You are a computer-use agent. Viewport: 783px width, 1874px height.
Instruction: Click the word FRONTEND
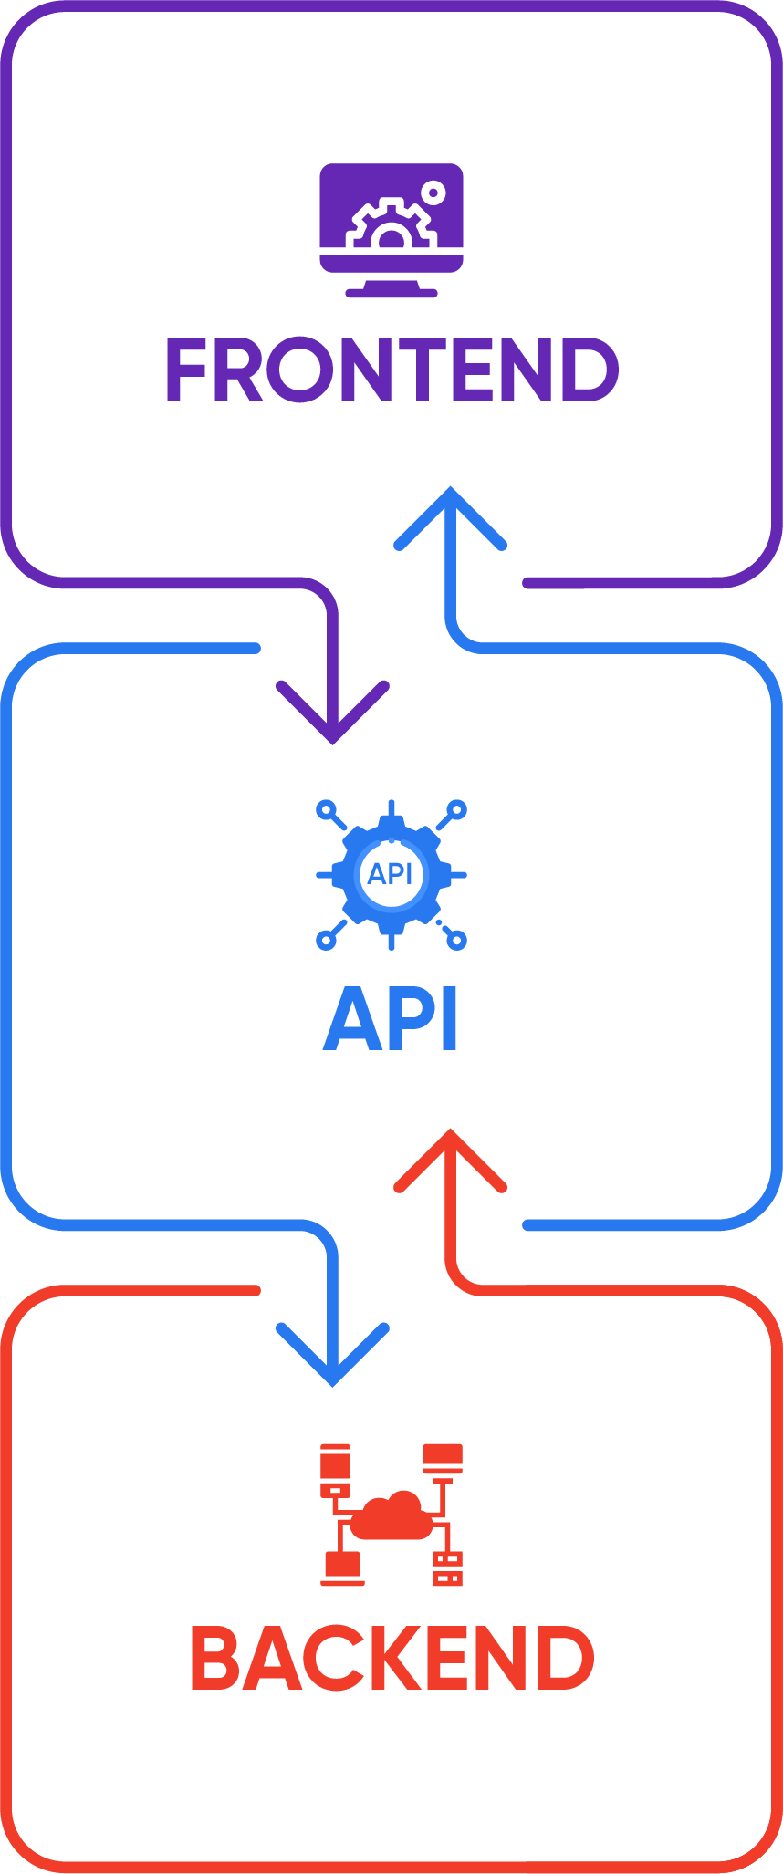[391, 370]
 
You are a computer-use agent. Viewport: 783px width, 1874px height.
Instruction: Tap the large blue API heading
[391, 1019]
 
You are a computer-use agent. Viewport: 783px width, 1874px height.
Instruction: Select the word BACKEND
[392, 1658]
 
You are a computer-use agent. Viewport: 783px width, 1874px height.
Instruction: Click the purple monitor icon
[391, 229]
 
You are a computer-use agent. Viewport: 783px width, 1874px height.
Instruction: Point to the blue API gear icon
[391, 874]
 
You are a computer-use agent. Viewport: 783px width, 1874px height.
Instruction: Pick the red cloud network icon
[391, 1515]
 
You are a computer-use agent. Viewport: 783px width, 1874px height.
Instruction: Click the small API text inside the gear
[391, 874]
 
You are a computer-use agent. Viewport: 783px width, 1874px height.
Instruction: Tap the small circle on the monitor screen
[433, 193]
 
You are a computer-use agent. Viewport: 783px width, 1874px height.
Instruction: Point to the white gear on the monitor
[391, 227]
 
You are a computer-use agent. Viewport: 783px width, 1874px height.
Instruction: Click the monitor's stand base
[391, 293]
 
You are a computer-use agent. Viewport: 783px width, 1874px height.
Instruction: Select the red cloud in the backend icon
[392, 1516]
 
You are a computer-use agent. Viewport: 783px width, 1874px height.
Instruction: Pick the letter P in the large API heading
[409, 1019]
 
